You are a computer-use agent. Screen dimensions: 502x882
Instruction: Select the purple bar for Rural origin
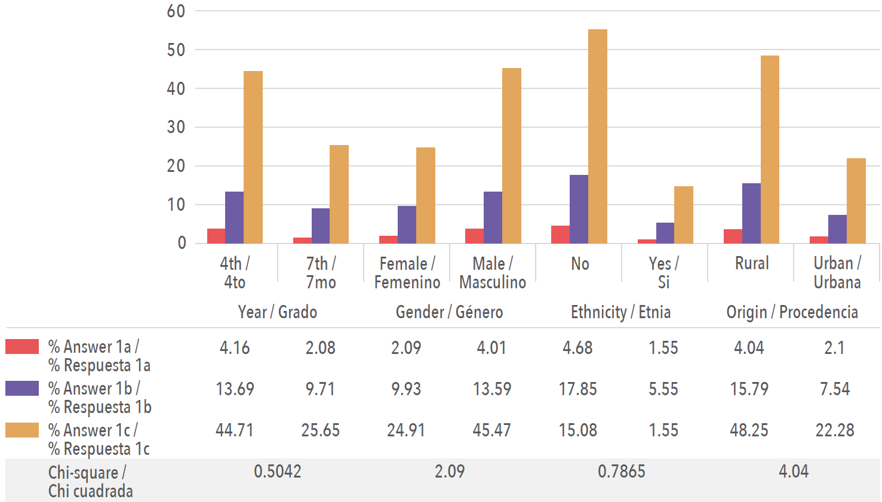(751, 213)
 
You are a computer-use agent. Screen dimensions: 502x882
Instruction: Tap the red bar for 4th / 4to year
(216, 236)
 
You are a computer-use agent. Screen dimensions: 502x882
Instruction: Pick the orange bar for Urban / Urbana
(856, 201)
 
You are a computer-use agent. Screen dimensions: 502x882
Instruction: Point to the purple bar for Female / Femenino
(407, 224)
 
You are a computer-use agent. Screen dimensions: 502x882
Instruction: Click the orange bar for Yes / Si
(683, 215)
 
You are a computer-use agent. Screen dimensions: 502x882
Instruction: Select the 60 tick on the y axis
(176, 11)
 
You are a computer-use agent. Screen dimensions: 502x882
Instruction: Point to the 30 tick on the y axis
(176, 127)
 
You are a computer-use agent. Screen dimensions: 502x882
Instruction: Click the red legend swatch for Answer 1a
(22, 347)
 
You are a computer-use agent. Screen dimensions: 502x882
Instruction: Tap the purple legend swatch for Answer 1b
(22, 389)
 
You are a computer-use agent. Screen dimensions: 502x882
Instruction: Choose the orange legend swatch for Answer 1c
(22, 430)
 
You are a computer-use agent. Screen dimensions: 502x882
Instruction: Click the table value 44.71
(235, 430)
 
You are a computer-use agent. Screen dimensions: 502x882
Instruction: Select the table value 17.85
(577, 389)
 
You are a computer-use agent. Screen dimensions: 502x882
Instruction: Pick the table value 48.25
(749, 430)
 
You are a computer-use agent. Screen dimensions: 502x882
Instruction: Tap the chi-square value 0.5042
(278, 472)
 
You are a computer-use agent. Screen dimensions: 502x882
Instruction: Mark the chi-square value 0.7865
(622, 472)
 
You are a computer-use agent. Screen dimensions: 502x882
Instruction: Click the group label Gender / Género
(449, 312)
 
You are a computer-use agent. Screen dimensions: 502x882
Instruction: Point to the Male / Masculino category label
(493, 273)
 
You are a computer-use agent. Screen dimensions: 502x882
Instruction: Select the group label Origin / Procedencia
(792, 312)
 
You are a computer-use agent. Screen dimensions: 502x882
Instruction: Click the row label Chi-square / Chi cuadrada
(90, 481)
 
